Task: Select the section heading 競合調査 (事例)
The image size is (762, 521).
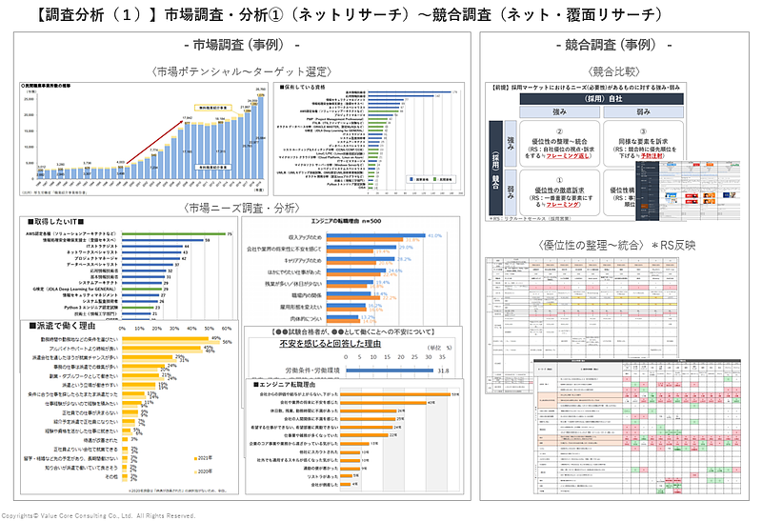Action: [x=614, y=46]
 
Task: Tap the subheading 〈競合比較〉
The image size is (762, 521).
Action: [x=614, y=70]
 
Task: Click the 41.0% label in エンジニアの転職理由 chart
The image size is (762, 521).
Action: [x=436, y=234]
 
